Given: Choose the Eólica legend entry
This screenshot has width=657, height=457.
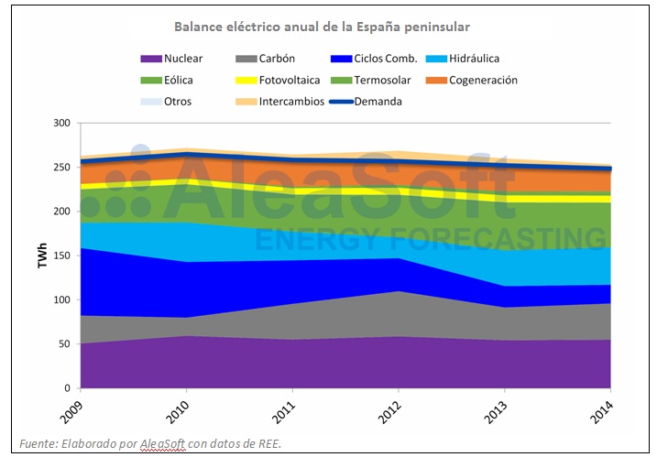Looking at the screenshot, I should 171,81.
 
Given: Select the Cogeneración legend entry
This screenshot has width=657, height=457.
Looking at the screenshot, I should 482,81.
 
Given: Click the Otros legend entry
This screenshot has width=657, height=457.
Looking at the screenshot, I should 168,102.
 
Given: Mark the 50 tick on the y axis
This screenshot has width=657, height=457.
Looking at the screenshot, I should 63,344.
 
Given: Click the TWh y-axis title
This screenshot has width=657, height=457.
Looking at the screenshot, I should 42,256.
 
